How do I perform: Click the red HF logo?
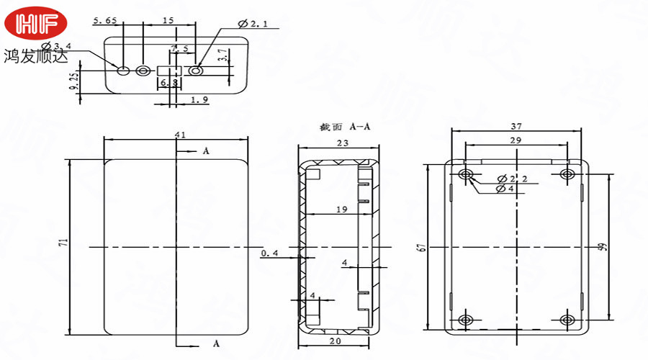35,23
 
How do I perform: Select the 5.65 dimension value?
104,21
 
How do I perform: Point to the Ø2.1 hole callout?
253,24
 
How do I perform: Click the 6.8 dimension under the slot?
169,84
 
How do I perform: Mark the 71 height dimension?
63,245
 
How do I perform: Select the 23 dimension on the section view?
342,143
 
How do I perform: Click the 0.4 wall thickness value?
269,253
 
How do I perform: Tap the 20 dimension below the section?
335,341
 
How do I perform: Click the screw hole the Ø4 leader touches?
466,175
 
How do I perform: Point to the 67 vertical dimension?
420,248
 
